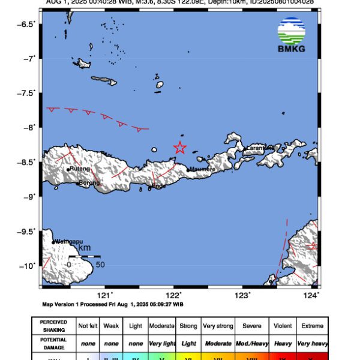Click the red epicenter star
click(179, 148)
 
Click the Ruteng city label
click(80, 169)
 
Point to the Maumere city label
click(202, 170)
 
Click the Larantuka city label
click(260, 148)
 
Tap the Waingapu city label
click(68, 241)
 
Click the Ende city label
click(158, 187)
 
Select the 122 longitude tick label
click(174, 295)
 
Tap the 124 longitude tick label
click(311, 295)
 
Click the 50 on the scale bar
click(101, 264)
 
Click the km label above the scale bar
click(85, 248)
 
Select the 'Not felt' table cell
click(88, 326)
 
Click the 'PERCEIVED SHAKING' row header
click(53, 326)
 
